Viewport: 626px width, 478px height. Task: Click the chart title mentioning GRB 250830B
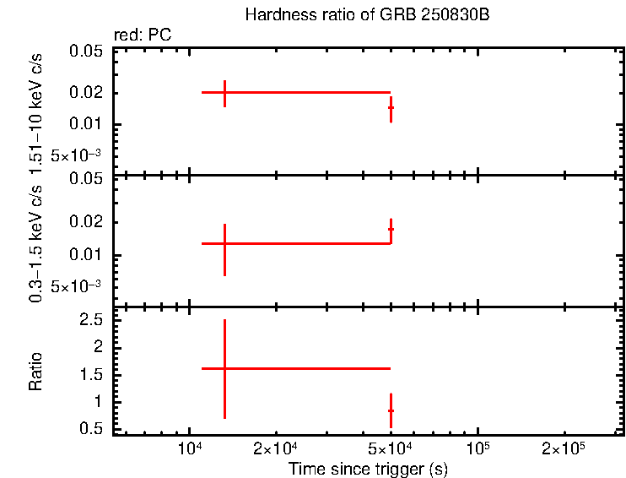pyautogui.click(x=367, y=15)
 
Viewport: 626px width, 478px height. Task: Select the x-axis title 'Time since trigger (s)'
pyautogui.click(x=367, y=468)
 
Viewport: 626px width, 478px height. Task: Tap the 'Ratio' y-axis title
pyautogui.click(x=35, y=370)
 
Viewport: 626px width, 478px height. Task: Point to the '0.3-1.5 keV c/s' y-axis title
pyautogui.click(x=35, y=242)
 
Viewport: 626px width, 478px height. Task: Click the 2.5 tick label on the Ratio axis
pyautogui.click(x=91, y=321)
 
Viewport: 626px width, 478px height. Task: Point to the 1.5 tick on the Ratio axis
pyautogui.click(x=91, y=375)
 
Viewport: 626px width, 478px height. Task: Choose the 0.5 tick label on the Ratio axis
pyautogui.click(x=91, y=429)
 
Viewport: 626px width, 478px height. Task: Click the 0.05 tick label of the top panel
pyautogui.click(x=86, y=52)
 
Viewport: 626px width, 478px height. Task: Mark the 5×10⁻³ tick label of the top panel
pyautogui.click(x=76, y=155)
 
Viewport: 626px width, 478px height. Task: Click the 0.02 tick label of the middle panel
pyautogui.click(x=86, y=223)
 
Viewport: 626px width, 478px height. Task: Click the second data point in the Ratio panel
pyautogui.click(x=391, y=410)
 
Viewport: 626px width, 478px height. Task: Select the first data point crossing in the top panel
pyautogui.click(x=224, y=92)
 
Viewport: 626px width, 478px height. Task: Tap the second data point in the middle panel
pyautogui.click(x=391, y=229)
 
